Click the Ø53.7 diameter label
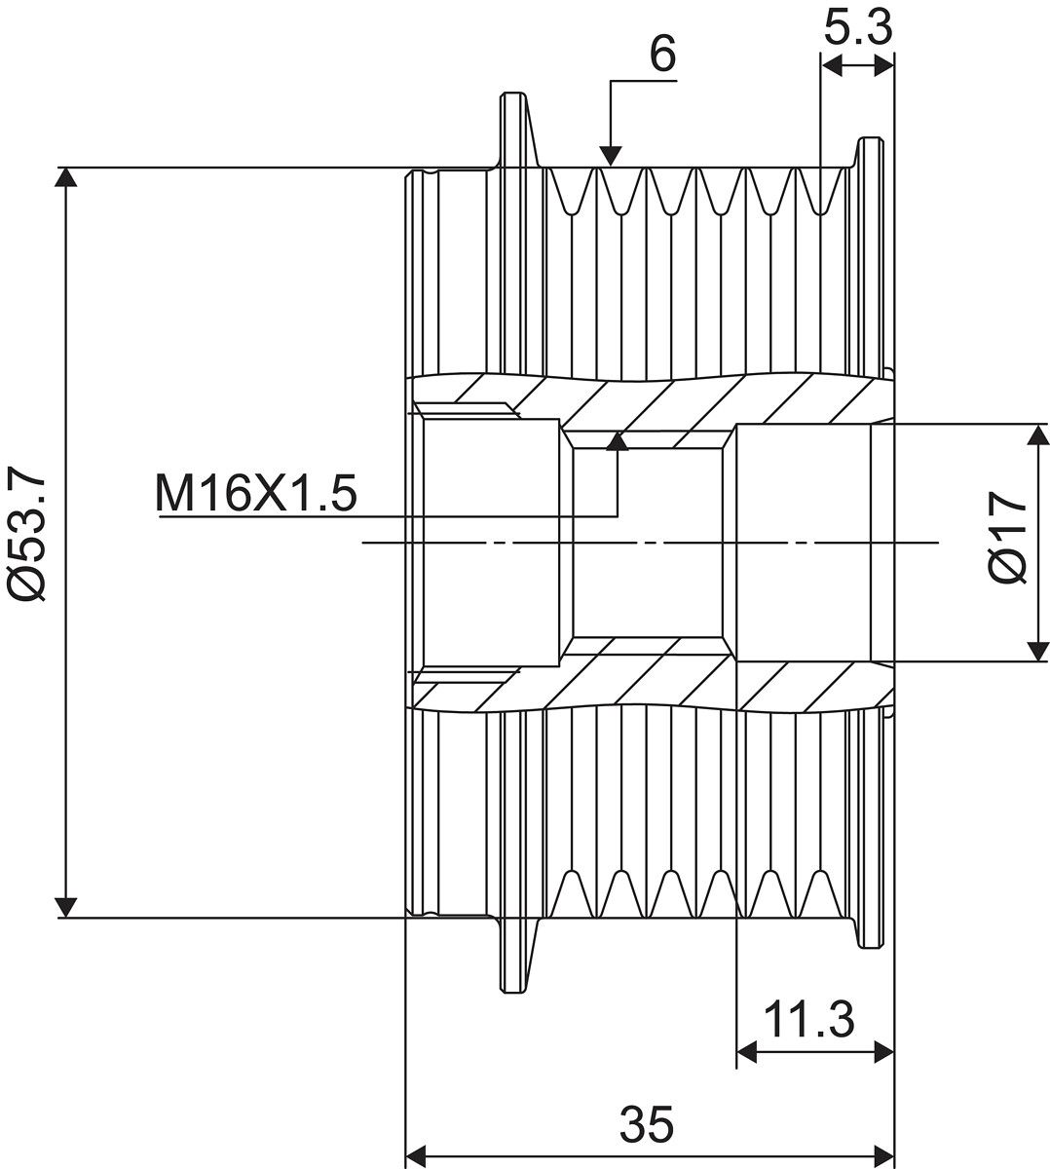[26, 532]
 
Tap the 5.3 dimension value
[858, 27]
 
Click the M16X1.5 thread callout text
[256, 493]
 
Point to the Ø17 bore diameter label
[1008, 537]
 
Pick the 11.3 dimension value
[808, 1019]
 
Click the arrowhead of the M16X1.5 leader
[618, 441]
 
